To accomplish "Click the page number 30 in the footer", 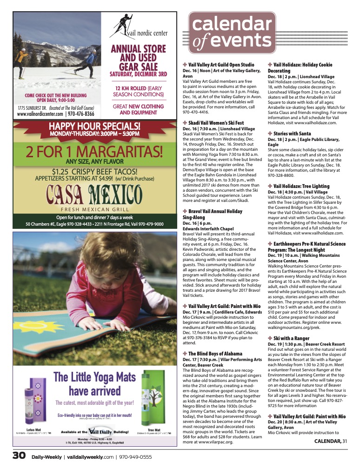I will pos(19,455).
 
